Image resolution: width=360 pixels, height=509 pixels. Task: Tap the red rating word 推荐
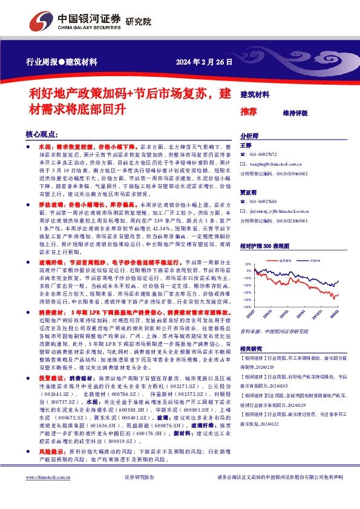coord(249,112)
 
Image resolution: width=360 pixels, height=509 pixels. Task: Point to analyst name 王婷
coord(246,146)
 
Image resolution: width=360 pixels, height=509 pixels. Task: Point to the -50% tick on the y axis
coord(247,307)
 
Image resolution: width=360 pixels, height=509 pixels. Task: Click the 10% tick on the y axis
coord(247,264)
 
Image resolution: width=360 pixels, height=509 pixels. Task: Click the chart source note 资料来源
coord(251,332)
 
